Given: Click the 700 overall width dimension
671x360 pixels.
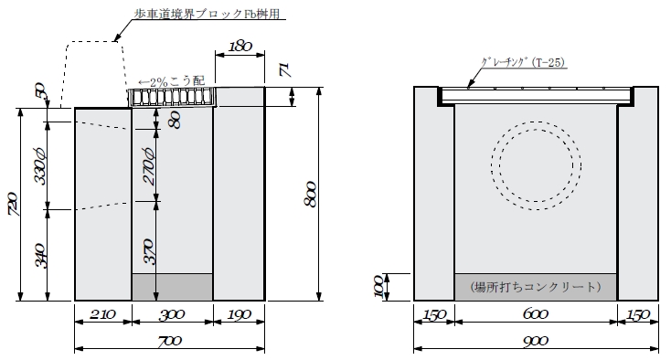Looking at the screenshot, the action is (x=170, y=341).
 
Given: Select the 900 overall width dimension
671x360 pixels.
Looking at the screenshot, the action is (x=536, y=341).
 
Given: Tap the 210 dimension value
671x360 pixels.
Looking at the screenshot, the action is (x=102, y=314).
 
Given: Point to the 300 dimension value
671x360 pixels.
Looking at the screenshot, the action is (x=172, y=315).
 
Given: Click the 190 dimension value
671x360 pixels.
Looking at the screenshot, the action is (x=239, y=315).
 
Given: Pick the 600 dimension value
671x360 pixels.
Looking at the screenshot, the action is (x=536, y=314).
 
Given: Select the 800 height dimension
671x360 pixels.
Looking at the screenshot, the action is (x=311, y=195).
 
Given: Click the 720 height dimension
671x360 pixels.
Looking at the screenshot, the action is (x=13, y=204).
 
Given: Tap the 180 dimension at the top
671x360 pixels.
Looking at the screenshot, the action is (x=240, y=47).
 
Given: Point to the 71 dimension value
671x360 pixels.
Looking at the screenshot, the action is (x=285, y=69).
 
